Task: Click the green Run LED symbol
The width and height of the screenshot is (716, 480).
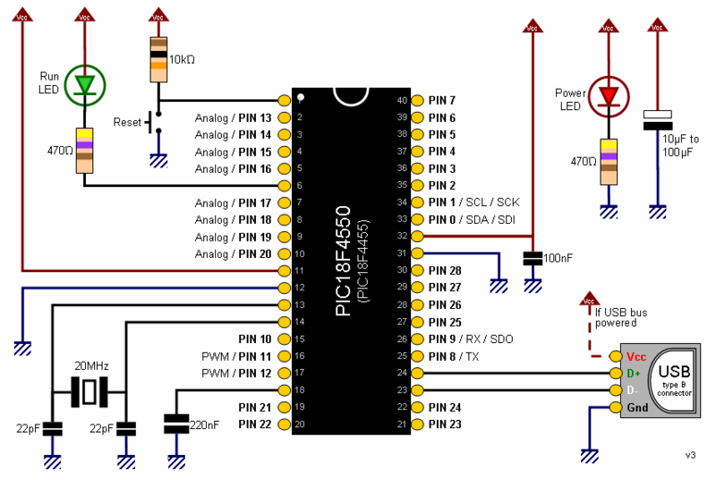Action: tap(85, 85)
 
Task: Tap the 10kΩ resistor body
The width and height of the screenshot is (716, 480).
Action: tap(158, 59)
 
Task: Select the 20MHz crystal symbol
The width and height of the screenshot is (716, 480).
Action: tap(89, 390)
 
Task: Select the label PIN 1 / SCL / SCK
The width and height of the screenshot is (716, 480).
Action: tap(473, 202)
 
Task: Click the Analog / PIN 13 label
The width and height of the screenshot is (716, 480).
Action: tap(233, 117)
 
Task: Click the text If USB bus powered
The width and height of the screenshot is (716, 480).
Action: tap(621, 318)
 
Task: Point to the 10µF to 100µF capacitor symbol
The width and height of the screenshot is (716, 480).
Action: tap(658, 121)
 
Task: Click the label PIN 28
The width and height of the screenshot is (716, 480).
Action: tap(445, 270)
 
